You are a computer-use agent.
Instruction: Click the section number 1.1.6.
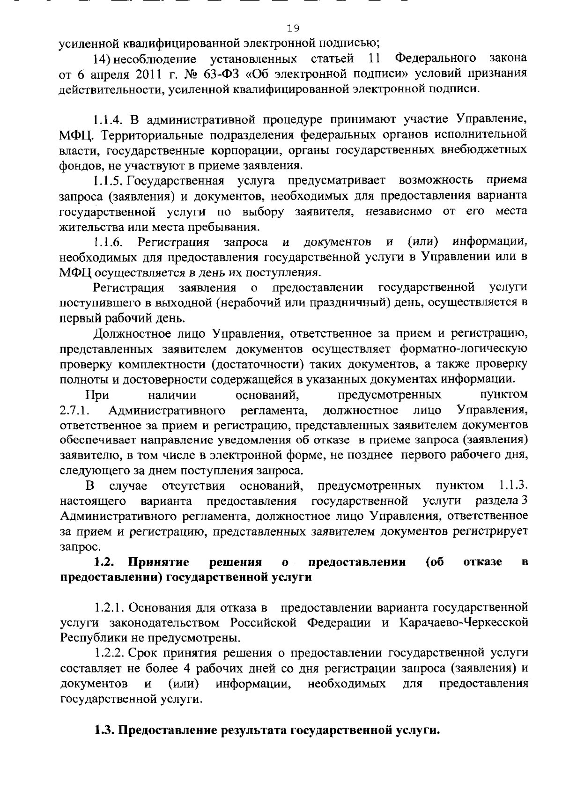(108, 242)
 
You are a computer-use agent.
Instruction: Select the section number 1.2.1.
(109, 608)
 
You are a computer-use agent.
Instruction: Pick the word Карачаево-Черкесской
(464, 623)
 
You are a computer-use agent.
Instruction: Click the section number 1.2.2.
(109, 653)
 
